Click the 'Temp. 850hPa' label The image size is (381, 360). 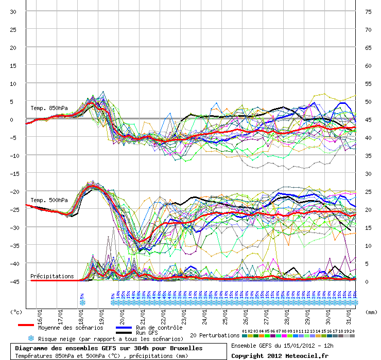coord(49,108)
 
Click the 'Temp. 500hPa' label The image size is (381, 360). coord(49,200)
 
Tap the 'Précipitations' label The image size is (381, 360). coord(52,276)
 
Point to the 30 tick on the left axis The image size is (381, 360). coord(13,12)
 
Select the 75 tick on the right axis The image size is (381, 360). coord(368,12)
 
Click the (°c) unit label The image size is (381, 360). coord(16,312)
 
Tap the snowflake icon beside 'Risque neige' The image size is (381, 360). coord(31,338)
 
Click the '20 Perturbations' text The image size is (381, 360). coord(215,335)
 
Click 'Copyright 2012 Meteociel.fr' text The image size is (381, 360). coord(280,355)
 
